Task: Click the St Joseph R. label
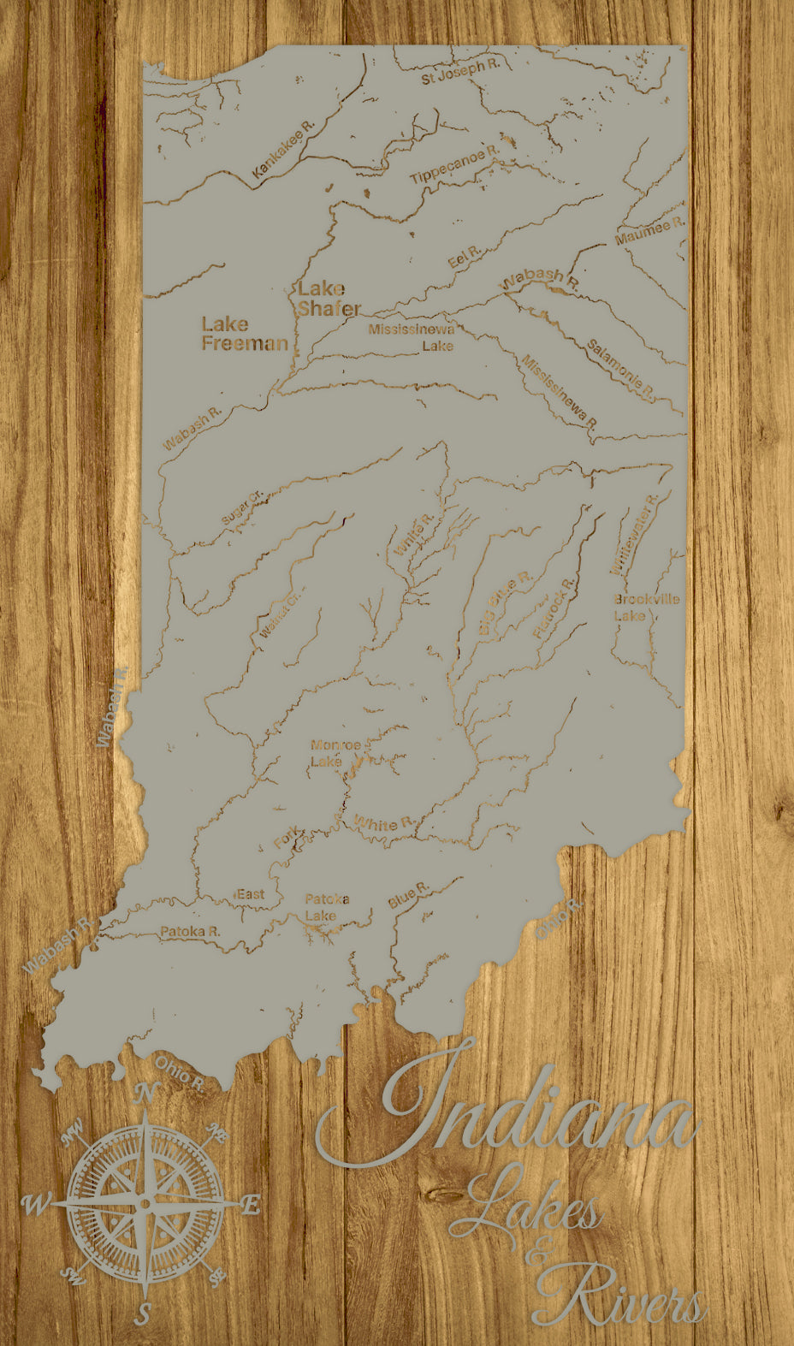(x=459, y=72)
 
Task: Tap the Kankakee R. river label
(x=284, y=150)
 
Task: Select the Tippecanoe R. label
(x=453, y=166)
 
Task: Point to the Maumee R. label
(x=650, y=230)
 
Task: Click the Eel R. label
(x=465, y=257)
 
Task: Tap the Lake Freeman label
(x=244, y=334)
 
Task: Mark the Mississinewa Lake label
(x=412, y=337)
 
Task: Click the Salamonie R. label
(x=620, y=370)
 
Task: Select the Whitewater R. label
(x=634, y=534)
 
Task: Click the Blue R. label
(x=407, y=895)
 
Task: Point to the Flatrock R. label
(x=554, y=608)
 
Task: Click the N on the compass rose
(x=146, y=1093)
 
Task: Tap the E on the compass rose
(x=250, y=1206)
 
